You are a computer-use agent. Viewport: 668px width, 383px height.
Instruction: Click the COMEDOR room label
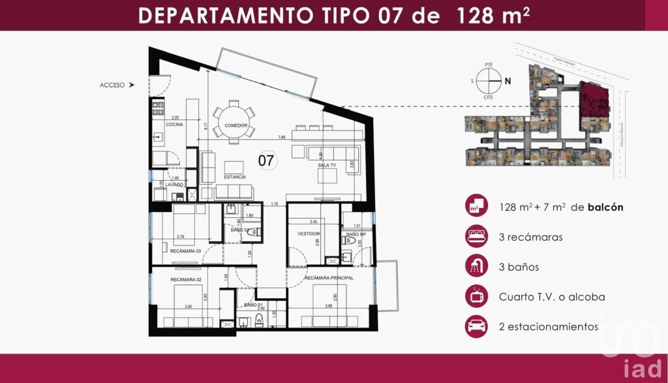pos(236,125)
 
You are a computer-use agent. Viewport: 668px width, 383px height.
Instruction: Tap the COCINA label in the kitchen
pos(174,124)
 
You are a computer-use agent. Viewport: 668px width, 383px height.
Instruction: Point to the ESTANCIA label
pos(235,177)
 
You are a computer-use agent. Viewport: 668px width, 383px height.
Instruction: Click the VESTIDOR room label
pos(309,233)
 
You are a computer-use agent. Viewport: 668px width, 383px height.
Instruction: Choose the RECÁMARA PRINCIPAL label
pos(329,278)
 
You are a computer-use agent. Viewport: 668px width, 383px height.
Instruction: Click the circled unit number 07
pos(266,160)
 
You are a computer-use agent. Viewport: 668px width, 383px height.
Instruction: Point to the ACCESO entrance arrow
pos(132,85)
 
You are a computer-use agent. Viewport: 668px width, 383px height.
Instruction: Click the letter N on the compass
pos(507,82)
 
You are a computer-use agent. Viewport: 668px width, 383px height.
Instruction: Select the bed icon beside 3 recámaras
pos(476,236)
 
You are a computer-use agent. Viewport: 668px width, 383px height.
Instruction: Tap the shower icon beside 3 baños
pos(476,266)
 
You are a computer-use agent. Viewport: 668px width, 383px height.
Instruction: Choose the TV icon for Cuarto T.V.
pos(476,296)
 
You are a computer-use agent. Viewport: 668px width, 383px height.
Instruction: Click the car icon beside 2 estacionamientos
pos(476,326)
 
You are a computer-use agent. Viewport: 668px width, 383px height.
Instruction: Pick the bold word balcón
pos(605,207)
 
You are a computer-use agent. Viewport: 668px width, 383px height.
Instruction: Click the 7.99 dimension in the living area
pos(281,138)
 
